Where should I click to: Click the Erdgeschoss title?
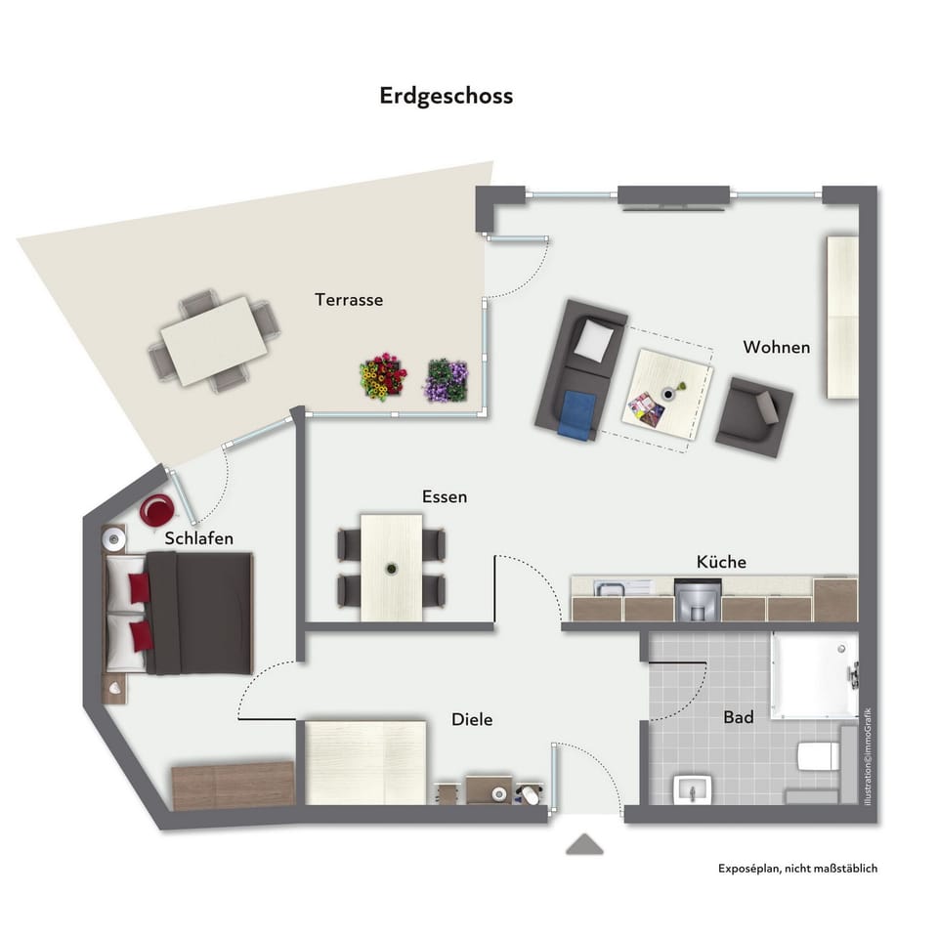pos(446,97)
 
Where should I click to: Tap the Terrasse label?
pos(349,300)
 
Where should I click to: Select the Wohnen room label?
pos(776,347)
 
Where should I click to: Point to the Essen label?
pos(445,496)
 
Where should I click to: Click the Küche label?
pos(721,562)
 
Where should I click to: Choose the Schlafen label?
pos(199,538)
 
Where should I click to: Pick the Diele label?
pos(472,720)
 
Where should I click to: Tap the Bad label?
pos(739,718)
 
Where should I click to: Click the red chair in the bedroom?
pos(156,510)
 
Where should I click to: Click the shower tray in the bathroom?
pos(813,674)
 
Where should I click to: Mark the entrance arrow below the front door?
pos(583,845)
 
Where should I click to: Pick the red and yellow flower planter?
pos(382,377)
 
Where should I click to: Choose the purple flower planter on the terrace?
pos(447,380)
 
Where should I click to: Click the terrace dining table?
pos(215,340)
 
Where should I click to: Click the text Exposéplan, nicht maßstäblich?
pos(797,868)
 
